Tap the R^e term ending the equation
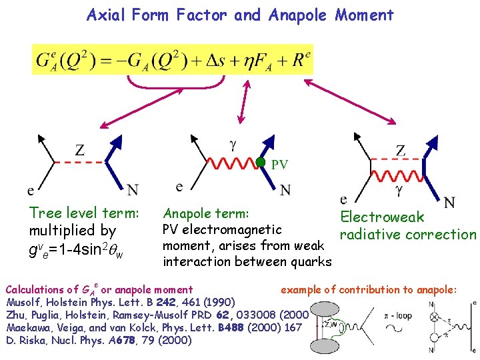(301, 60)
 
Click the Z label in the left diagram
(80, 150)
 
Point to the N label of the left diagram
(133, 191)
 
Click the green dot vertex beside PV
(261, 162)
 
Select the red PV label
(281, 164)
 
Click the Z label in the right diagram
(400, 150)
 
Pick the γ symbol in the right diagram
(398, 191)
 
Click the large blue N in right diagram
(450, 201)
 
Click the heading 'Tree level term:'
(84, 213)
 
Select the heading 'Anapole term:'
(206, 214)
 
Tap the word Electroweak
(382, 217)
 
